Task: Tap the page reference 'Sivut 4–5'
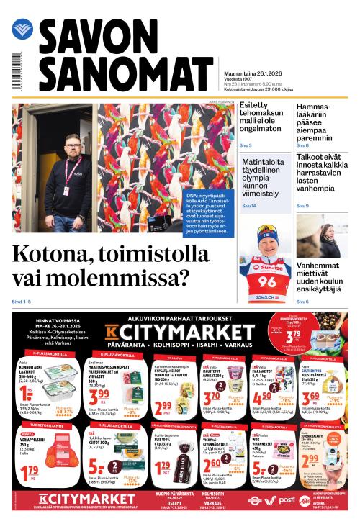[22, 301]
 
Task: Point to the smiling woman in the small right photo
[323, 238]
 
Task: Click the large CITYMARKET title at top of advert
[176, 332]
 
